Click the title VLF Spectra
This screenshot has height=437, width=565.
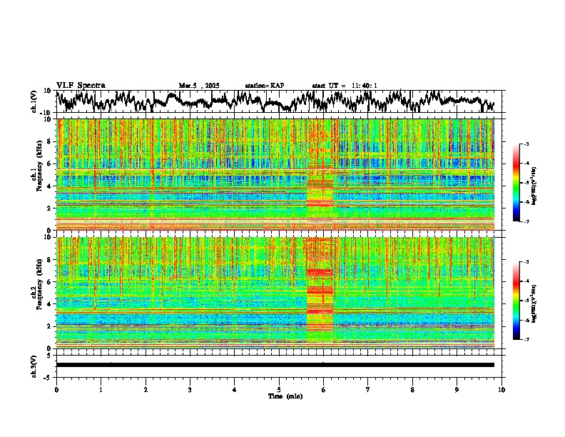[81, 85]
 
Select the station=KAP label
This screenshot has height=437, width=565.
[265, 86]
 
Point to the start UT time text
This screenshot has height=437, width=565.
[345, 86]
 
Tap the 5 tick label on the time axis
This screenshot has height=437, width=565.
[279, 390]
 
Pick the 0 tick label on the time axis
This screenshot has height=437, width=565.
[56, 390]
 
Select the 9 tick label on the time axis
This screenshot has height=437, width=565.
[457, 390]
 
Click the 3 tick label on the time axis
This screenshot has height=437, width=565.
[190, 390]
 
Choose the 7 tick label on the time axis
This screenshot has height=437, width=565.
[368, 390]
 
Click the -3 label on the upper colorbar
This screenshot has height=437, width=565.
[526, 145]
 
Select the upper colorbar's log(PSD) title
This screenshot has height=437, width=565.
[534, 184]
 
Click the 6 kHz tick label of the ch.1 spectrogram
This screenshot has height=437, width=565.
[51, 164]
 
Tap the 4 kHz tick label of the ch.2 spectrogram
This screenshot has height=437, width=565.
[51, 303]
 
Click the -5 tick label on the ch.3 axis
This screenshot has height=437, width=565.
[49, 376]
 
